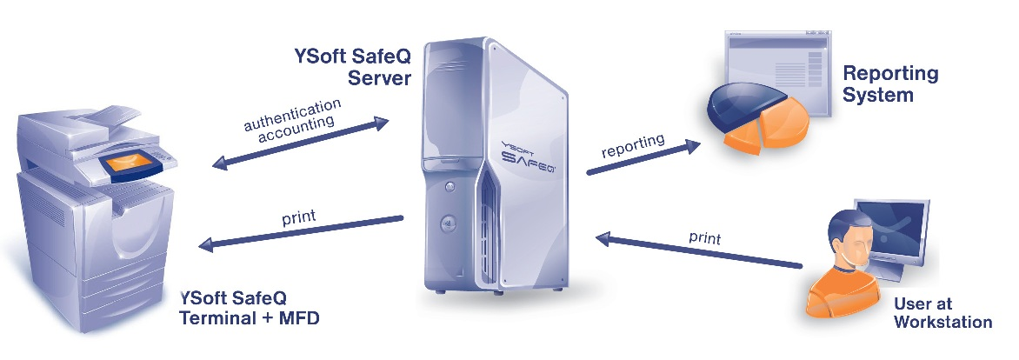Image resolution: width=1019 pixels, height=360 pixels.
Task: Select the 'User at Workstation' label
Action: pos(942,313)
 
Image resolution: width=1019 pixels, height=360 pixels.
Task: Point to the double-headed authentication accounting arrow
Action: pos(299,142)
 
